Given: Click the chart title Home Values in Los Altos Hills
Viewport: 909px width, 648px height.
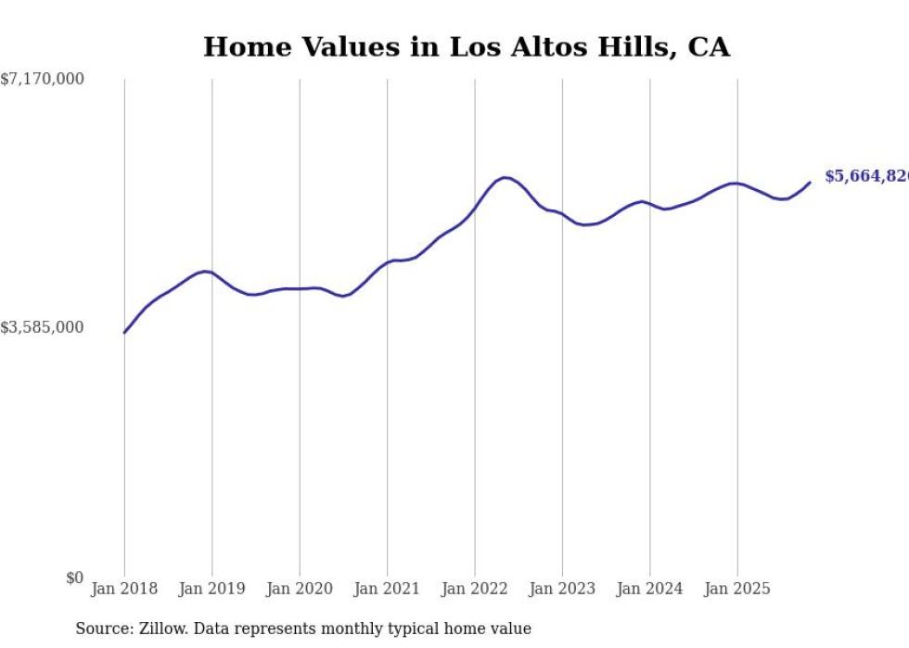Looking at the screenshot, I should [466, 46].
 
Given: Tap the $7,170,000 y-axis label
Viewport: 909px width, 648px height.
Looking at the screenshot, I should [43, 80].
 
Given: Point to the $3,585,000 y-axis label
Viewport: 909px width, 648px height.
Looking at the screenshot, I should [43, 327].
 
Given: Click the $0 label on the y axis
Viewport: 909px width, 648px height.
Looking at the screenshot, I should [74, 578].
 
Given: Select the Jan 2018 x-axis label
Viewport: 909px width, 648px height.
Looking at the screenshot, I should [124, 589].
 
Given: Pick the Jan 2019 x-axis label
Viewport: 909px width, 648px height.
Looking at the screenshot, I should [211, 589].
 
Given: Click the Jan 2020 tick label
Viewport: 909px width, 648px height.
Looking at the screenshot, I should [300, 589].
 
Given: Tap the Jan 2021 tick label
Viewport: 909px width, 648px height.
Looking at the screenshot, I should [387, 589].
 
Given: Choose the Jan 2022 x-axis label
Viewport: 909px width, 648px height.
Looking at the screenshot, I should [475, 589].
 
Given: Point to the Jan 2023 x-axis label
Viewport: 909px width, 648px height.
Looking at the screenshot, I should [562, 589].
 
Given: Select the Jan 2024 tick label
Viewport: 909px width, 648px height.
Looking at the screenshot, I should [649, 589].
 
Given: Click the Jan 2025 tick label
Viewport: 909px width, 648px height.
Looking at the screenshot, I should [737, 589].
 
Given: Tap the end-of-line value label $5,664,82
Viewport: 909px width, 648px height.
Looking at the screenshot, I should [866, 176].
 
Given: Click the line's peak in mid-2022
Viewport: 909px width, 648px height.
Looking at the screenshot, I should [505, 177].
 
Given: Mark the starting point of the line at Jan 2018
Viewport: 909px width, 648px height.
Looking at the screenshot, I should [124, 332].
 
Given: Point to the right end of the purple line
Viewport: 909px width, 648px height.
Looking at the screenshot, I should [810, 182].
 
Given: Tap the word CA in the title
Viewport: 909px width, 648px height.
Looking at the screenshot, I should [709, 46].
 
